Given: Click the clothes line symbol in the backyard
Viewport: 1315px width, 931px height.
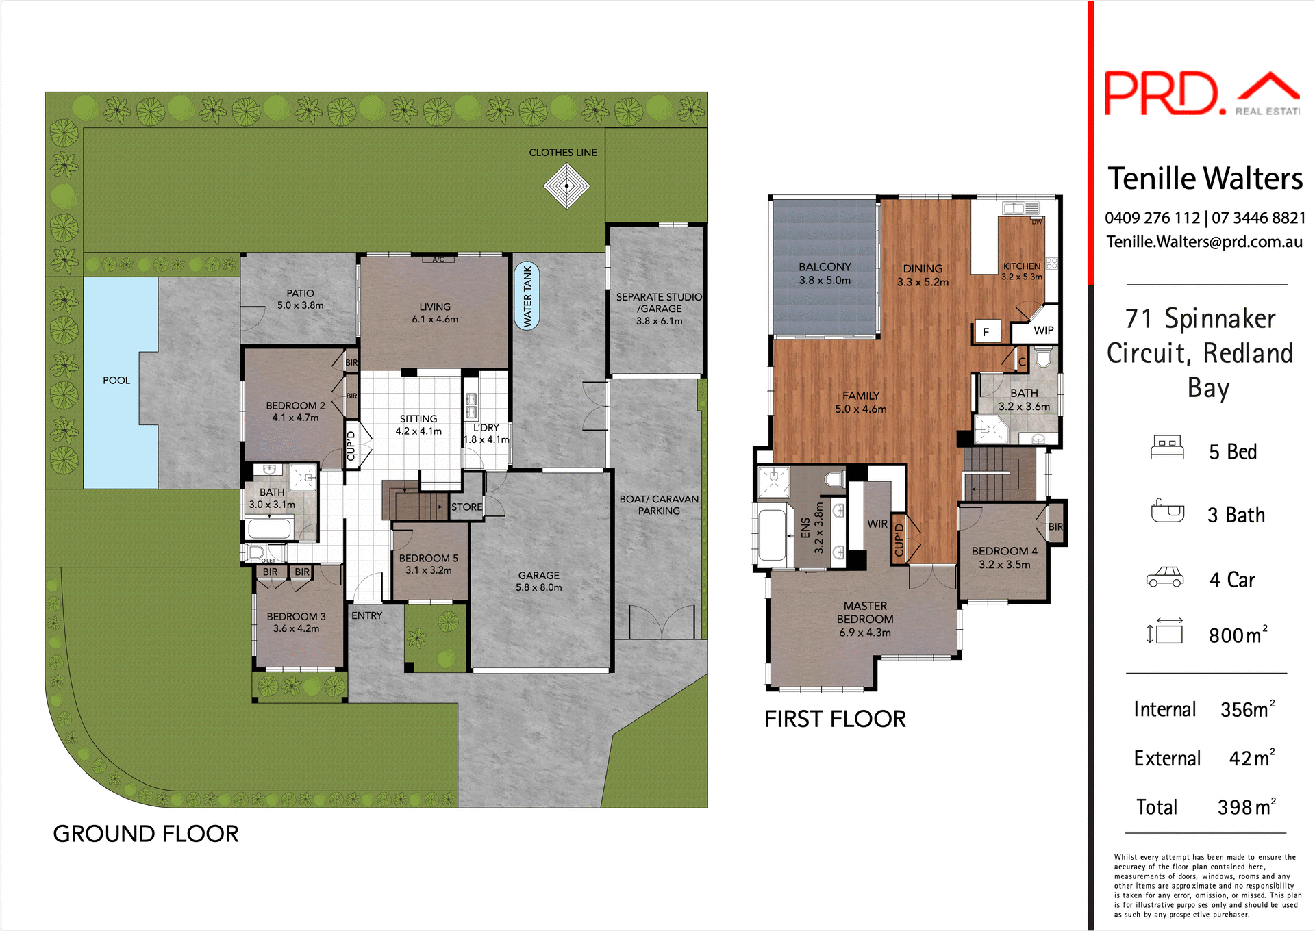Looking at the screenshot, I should pos(566,185).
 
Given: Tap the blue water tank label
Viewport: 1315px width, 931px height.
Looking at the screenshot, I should pos(527,296).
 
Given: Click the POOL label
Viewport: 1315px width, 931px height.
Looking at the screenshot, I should pos(116,380).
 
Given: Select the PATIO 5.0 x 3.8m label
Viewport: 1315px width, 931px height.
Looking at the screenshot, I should pos(300,299).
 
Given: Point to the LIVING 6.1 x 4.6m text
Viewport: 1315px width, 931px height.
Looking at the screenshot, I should pos(435,313).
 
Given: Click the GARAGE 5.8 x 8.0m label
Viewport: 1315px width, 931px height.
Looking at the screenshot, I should pos(539,581).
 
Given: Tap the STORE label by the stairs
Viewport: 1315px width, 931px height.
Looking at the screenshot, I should pos(466,507).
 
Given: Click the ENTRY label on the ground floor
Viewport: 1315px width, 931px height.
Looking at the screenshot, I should pos(366,615).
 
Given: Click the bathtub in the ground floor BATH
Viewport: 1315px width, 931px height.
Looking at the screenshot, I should pos(269,528).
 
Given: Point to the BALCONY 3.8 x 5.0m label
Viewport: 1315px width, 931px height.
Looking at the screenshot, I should pos(825,273).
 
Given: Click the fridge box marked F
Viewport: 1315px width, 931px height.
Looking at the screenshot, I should pos(986,332).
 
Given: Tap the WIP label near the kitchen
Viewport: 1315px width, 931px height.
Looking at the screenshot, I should pos(1043,331).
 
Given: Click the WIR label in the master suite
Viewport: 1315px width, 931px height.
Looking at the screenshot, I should pos(877,524).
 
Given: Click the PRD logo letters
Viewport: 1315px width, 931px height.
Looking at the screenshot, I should pos(1163,93).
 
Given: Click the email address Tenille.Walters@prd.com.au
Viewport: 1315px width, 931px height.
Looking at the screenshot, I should pos(1204,242).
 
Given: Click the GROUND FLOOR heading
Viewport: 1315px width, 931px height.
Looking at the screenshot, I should pos(146,834).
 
